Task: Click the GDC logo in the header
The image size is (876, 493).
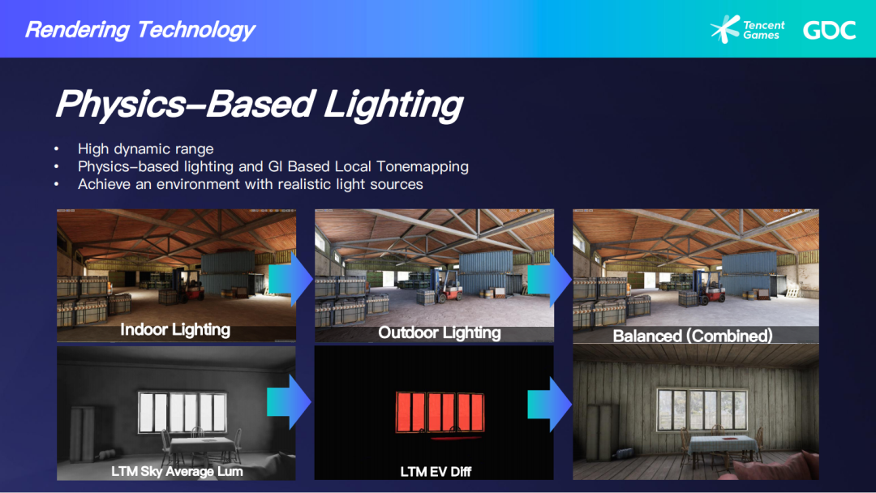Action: (x=829, y=30)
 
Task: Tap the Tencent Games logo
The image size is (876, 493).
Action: (x=748, y=29)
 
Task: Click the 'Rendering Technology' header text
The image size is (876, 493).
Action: (x=140, y=29)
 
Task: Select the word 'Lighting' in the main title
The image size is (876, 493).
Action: (x=393, y=105)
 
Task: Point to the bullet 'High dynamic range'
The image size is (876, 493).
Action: (x=145, y=149)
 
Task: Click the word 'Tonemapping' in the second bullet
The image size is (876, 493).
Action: (x=423, y=166)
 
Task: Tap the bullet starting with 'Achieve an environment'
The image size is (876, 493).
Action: (x=251, y=184)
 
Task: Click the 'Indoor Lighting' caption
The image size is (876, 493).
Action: (x=175, y=330)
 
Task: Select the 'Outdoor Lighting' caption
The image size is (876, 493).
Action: (x=439, y=332)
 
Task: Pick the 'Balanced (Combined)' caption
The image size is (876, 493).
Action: (x=693, y=336)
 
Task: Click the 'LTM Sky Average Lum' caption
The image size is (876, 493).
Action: (x=177, y=471)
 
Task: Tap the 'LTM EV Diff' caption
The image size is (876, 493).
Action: (x=436, y=472)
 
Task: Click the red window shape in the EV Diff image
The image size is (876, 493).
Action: (x=440, y=412)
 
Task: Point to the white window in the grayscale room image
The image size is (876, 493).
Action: (x=182, y=412)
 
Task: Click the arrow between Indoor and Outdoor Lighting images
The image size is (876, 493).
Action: (x=290, y=280)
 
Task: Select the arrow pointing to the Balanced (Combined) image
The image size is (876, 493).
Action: (x=549, y=280)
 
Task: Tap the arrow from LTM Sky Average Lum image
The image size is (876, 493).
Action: (x=289, y=402)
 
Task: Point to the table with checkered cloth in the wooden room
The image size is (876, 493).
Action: (x=724, y=449)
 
